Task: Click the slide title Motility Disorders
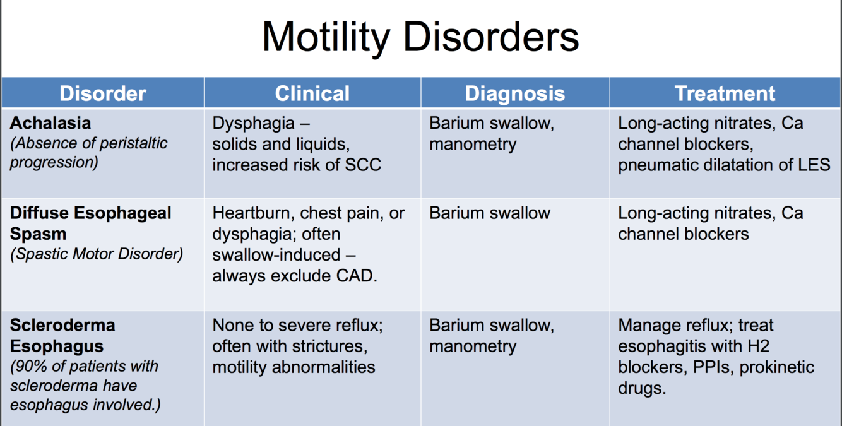tap(420, 37)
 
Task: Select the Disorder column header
tap(103, 93)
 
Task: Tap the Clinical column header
tap(312, 93)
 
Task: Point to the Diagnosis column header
tap(514, 93)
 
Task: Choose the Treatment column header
tap(725, 93)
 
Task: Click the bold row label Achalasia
tap(50, 122)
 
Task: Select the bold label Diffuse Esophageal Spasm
tap(90, 223)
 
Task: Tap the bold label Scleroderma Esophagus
tap(62, 336)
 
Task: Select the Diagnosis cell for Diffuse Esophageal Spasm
tap(489, 213)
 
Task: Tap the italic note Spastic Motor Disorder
tap(97, 254)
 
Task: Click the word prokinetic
tap(777, 367)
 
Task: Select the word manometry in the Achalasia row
tap(473, 144)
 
